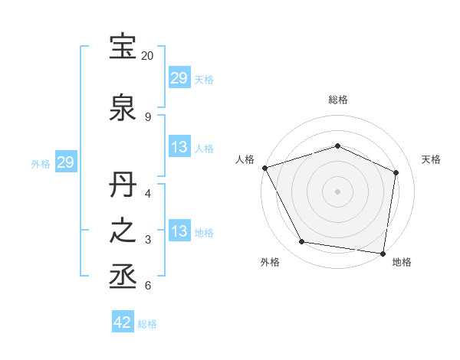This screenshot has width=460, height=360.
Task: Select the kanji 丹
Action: pos(123,187)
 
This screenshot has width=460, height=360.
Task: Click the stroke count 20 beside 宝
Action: pos(148,56)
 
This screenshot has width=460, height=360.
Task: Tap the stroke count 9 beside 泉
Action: pos(147,117)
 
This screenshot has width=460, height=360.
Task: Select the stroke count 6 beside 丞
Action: pos(147,286)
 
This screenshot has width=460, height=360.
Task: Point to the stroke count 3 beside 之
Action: pos(147,240)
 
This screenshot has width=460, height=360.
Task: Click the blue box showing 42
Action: pos(123,323)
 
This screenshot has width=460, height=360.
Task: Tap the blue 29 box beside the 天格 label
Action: pos(179,78)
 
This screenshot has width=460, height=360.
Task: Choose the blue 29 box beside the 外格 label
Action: pos(65,162)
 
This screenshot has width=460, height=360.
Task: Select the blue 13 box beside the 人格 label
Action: pos(179,147)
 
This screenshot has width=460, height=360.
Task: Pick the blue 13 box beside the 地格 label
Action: pos(179,231)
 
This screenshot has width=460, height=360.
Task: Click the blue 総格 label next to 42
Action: pos(147,324)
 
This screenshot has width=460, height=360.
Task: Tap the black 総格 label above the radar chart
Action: pos(337,100)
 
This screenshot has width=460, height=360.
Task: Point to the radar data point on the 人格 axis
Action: pos(264,168)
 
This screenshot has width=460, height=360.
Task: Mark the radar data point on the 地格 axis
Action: pos(383,253)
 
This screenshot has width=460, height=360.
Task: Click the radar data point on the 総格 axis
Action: pos(337,146)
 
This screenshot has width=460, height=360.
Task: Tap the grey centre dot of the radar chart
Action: pos(337,191)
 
